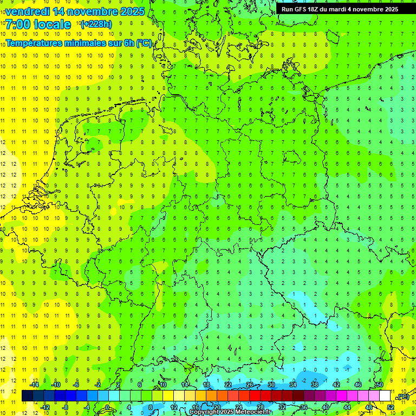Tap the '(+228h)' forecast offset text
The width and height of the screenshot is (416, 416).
(x=96, y=24)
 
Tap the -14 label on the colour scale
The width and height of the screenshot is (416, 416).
(x=34, y=385)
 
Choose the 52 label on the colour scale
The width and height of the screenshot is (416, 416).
(x=391, y=407)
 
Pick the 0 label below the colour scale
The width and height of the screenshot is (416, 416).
(x=107, y=407)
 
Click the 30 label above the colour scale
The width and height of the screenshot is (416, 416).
(x=271, y=385)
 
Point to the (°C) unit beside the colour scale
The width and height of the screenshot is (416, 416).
(x=403, y=396)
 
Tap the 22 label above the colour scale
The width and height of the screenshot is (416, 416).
(x=228, y=385)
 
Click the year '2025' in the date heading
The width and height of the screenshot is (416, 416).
(x=129, y=11)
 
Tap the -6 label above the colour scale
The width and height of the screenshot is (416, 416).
(x=77, y=385)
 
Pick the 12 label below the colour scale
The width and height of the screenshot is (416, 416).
(x=174, y=407)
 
